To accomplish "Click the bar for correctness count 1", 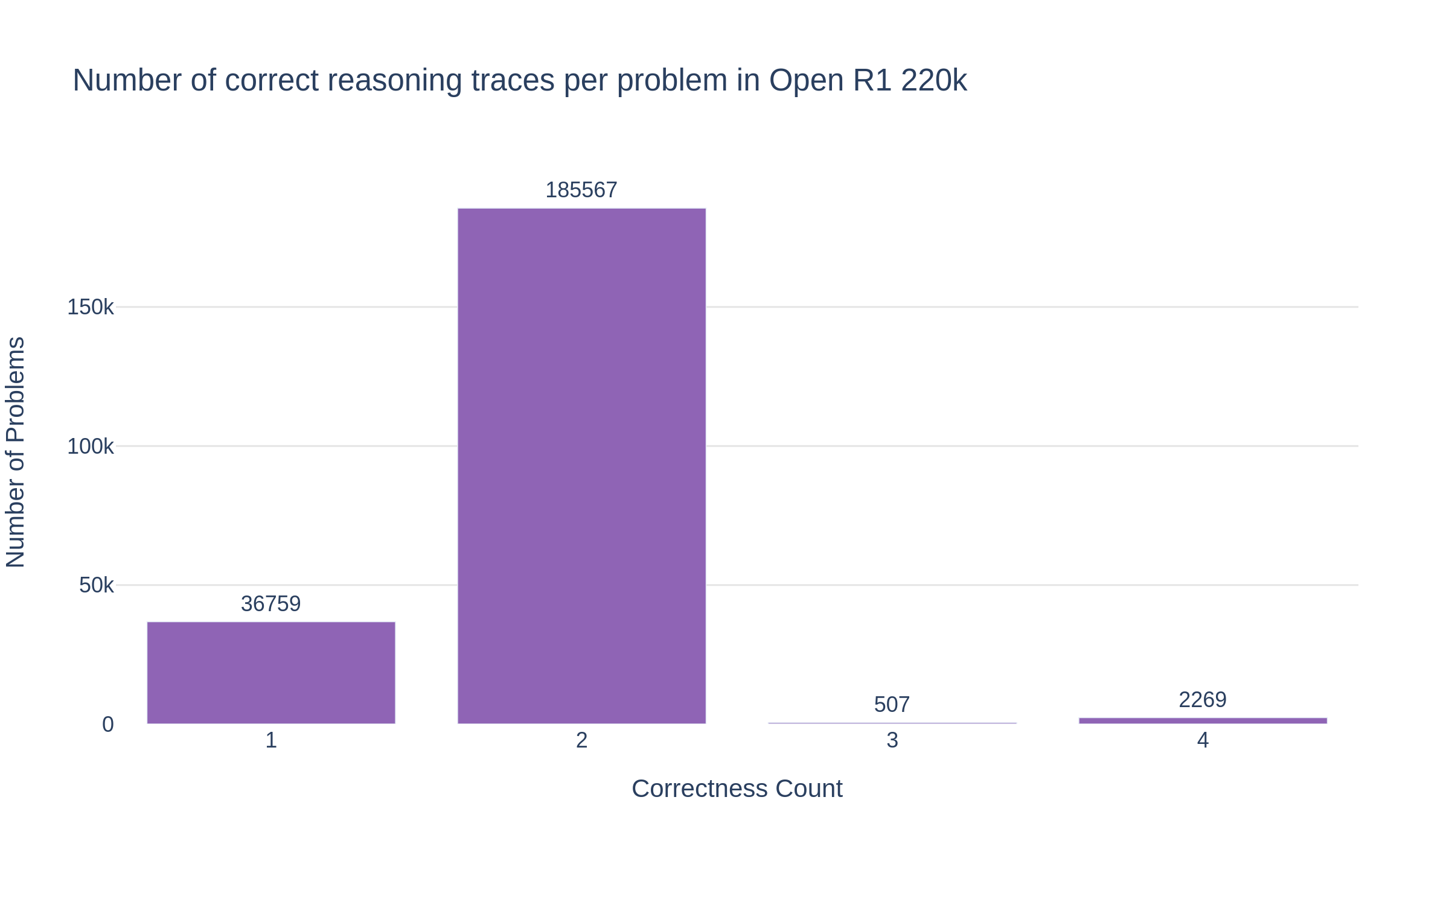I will click(271, 672).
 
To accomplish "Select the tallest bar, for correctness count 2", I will click(581, 466).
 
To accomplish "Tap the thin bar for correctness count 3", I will click(892, 723).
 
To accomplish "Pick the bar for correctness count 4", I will click(1203, 720).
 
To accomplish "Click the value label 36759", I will click(271, 604).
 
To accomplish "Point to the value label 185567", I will click(581, 190).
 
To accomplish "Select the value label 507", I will click(892, 704).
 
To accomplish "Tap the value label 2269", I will click(1203, 700).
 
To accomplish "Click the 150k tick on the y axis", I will click(91, 307).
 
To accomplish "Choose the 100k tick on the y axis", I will click(91, 446).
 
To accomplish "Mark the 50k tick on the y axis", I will click(97, 585).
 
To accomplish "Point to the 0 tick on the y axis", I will click(108, 724).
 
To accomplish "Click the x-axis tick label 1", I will click(271, 740).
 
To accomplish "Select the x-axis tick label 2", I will click(581, 740).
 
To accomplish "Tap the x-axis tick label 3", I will click(892, 740).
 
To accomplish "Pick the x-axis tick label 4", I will click(1203, 740).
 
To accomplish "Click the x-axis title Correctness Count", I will click(737, 789).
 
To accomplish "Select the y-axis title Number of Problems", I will click(16, 453).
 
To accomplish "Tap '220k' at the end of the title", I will click(934, 80).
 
